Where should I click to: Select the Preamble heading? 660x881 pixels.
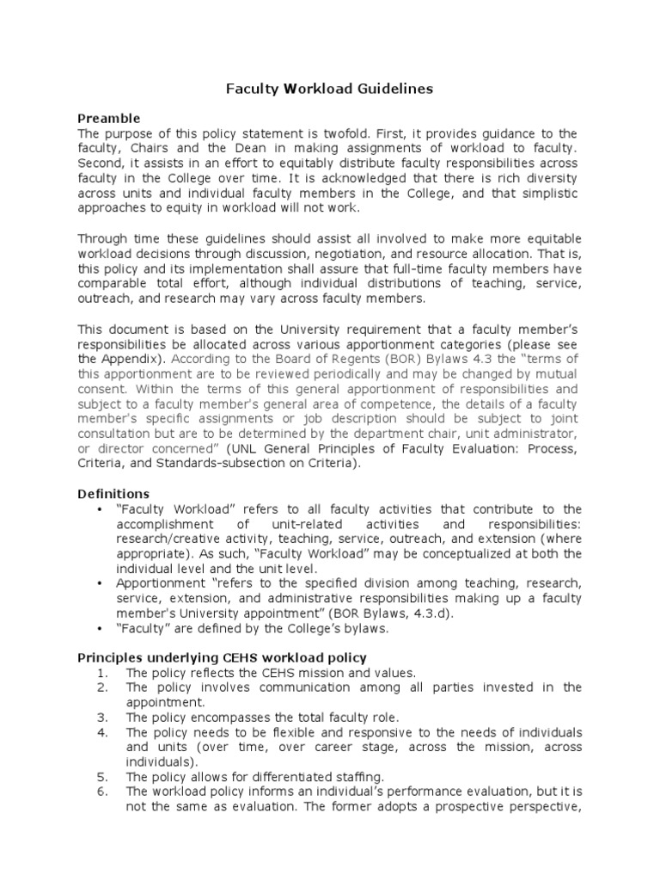109,118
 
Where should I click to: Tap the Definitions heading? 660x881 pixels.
113,494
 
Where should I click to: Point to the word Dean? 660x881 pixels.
232,149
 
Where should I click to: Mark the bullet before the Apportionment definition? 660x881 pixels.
103,582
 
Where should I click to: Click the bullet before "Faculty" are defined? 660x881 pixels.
103,627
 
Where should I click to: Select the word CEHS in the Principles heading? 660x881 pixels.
217,657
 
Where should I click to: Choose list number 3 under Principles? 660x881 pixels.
101,717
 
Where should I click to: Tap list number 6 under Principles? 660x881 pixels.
101,791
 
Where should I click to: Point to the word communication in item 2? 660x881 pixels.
260,687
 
